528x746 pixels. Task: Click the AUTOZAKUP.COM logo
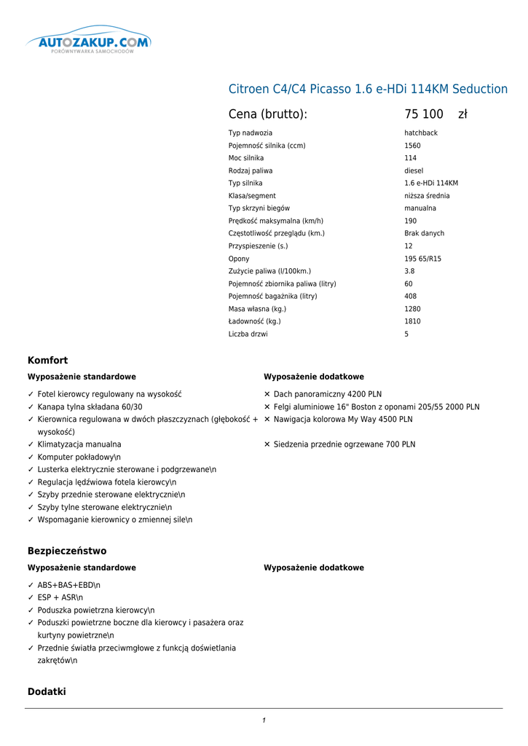coord(88,44)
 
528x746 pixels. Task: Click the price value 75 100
coord(424,114)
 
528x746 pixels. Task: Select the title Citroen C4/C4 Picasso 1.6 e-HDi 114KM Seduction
coord(368,89)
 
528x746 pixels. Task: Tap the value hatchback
coord(421,133)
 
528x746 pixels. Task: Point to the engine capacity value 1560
coord(412,146)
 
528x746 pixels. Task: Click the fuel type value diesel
coord(414,171)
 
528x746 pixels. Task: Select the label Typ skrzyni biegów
coord(259,208)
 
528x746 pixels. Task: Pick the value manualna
coord(420,208)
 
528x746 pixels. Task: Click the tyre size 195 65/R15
coord(422,259)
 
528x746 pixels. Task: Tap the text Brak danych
coord(424,234)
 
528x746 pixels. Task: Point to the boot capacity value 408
coord(411,297)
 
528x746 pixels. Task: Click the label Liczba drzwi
coord(248,334)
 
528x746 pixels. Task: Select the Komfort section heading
coord(47,361)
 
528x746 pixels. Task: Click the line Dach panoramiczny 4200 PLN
coord(328,394)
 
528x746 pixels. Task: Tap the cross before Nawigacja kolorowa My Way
coord(267,420)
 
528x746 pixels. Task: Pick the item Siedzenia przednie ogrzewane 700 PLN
coord(344,444)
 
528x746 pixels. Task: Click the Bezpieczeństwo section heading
coord(67,551)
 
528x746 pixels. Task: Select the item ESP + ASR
coord(60,597)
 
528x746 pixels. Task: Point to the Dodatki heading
coord(47,691)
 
